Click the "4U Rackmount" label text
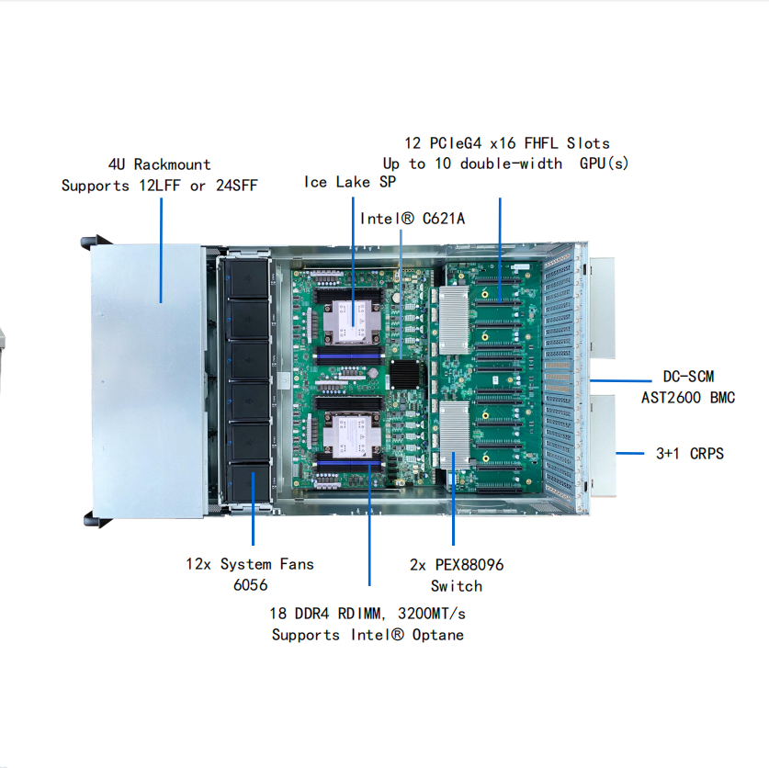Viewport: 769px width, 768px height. click(x=160, y=164)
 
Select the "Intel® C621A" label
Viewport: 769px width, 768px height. click(x=412, y=218)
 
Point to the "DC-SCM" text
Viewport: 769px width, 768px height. click(x=688, y=377)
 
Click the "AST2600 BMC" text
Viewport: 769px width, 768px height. click(x=688, y=398)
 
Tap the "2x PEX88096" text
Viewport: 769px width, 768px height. click(x=457, y=564)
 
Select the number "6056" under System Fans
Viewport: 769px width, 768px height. click(x=250, y=585)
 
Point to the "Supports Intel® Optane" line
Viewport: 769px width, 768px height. click(x=368, y=635)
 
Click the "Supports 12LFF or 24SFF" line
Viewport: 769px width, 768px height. click(x=160, y=186)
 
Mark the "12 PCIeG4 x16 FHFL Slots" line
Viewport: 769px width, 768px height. click(x=507, y=142)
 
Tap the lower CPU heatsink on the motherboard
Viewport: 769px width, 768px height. click(x=350, y=435)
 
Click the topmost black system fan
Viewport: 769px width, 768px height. click(x=248, y=278)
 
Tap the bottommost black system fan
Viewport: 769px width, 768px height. click(x=248, y=484)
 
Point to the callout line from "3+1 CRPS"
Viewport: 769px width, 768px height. click(x=629, y=453)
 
